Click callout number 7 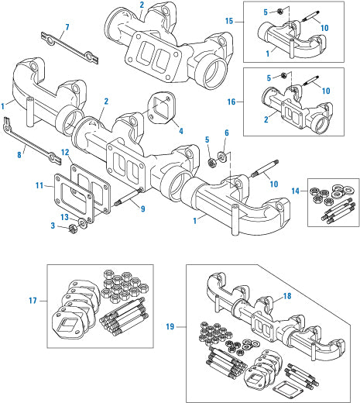(67, 28)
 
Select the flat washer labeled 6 (222, 158)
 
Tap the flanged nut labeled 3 (66, 228)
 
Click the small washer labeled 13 (82, 222)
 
